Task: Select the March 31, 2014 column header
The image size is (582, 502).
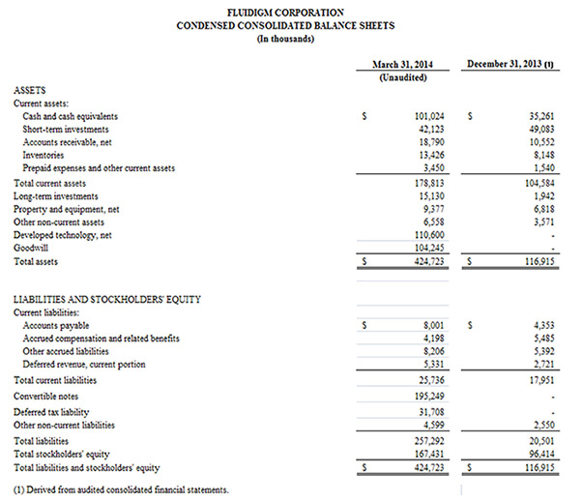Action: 403,64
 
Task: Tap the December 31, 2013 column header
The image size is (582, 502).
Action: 509,64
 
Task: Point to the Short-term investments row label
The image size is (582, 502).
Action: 66,129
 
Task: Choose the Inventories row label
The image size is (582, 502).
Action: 44,155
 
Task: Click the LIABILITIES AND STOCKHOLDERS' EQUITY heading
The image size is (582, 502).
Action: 107,299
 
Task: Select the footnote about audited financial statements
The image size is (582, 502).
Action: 122,490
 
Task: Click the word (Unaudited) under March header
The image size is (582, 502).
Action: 403,77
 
